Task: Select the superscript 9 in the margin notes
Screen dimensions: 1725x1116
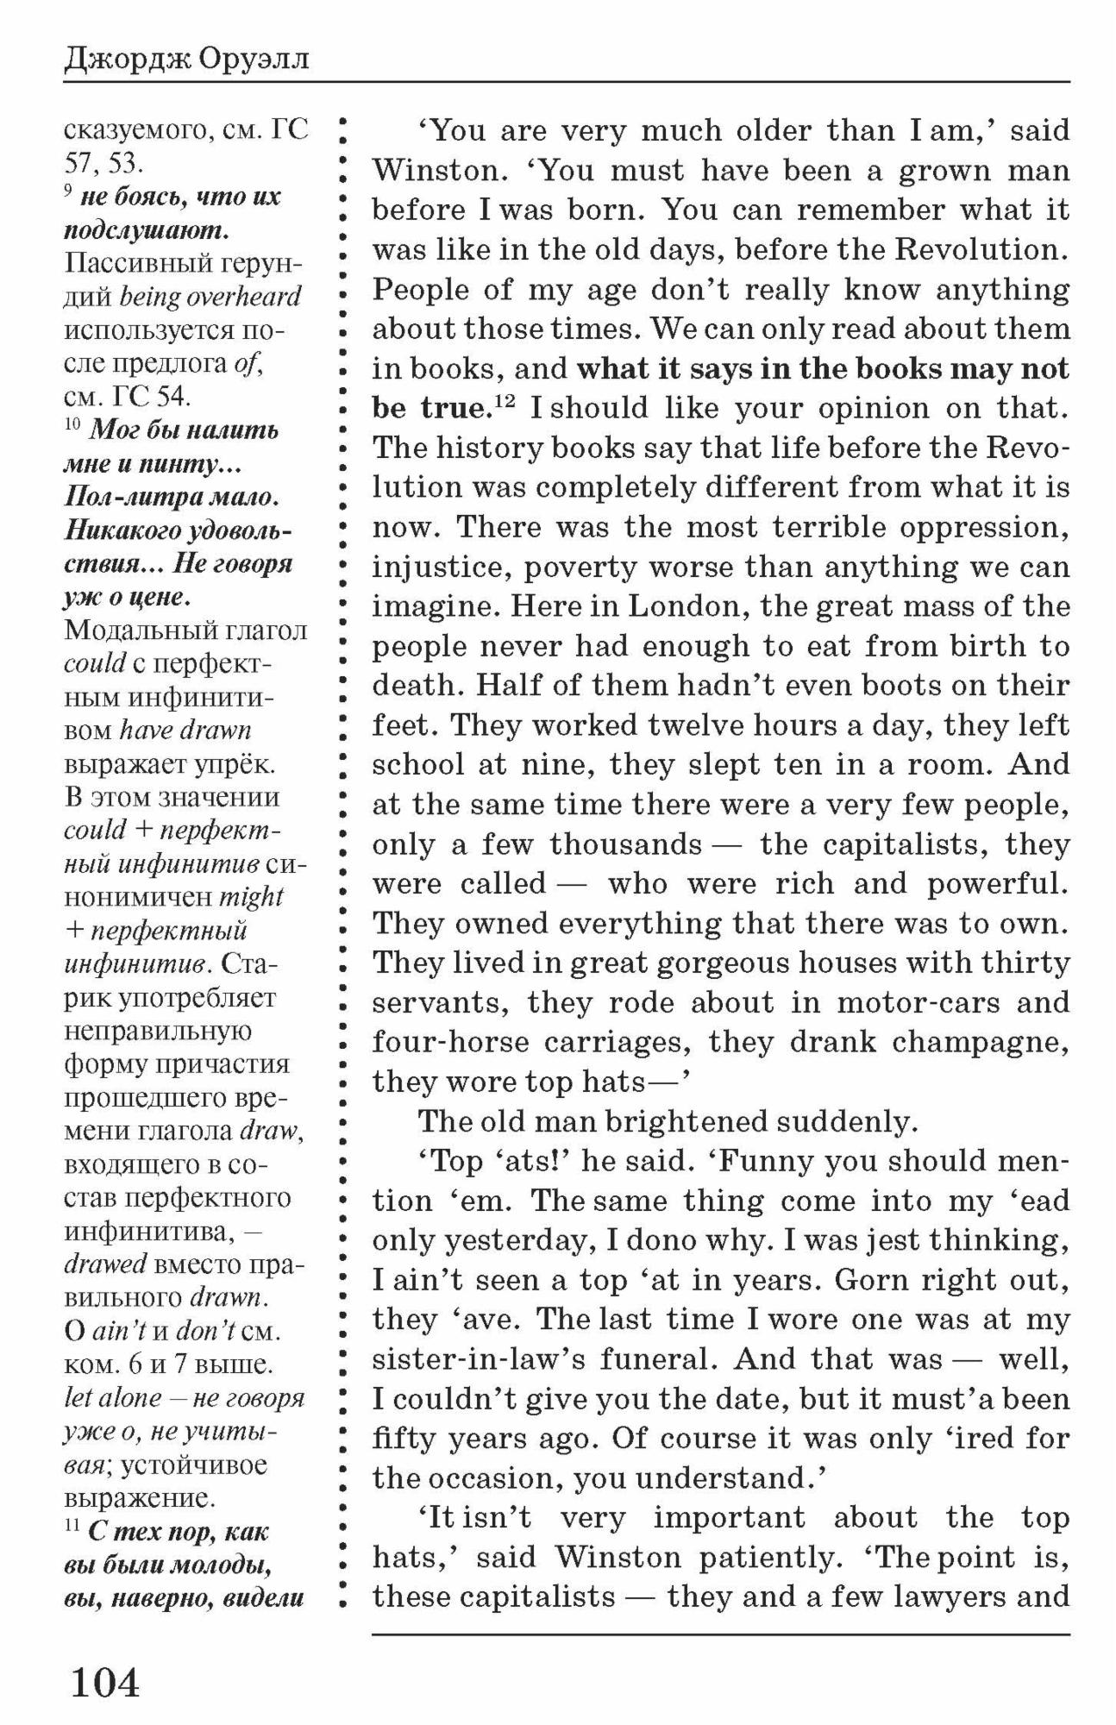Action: [x=68, y=191]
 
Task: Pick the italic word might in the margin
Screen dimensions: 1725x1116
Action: [x=252, y=897]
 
